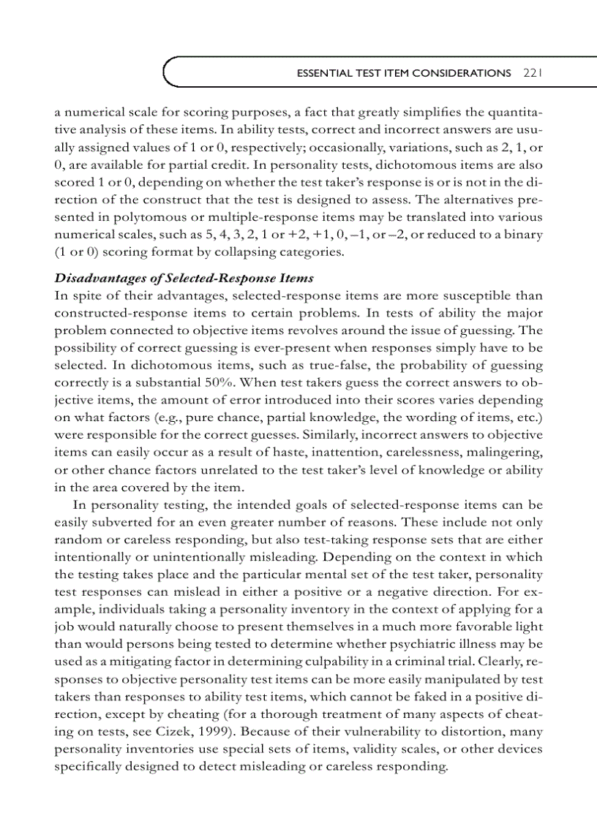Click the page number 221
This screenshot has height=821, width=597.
pos(531,73)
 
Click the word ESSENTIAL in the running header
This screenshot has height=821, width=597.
pos(321,73)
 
